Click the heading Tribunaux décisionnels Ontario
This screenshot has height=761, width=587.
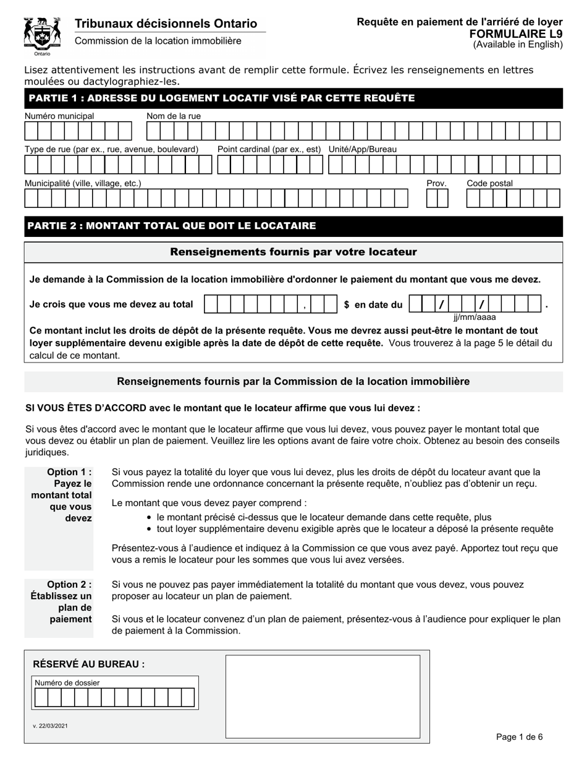(x=166, y=24)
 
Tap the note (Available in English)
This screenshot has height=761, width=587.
(x=518, y=44)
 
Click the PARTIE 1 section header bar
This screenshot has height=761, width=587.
(x=293, y=98)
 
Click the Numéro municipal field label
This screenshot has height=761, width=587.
(x=59, y=116)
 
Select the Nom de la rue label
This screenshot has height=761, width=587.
(x=174, y=116)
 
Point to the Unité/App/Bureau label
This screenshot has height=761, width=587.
(x=363, y=150)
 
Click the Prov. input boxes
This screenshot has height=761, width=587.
(x=437, y=198)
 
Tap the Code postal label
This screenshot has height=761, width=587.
(x=489, y=184)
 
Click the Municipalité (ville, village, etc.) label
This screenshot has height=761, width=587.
(x=83, y=184)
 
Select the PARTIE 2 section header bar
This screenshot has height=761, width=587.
(x=293, y=226)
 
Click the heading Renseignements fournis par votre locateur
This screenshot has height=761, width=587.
(x=293, y=252)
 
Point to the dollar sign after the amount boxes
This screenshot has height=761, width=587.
(x=347, y=305)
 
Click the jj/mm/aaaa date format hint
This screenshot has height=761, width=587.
(x=475, y=317)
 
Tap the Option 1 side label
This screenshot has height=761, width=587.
(x=62, y=495)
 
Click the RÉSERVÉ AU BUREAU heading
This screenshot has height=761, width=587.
(x=89, y=664)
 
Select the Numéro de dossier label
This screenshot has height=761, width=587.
(x=67, y=683)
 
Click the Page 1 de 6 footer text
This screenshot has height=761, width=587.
(x=519, y=737)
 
